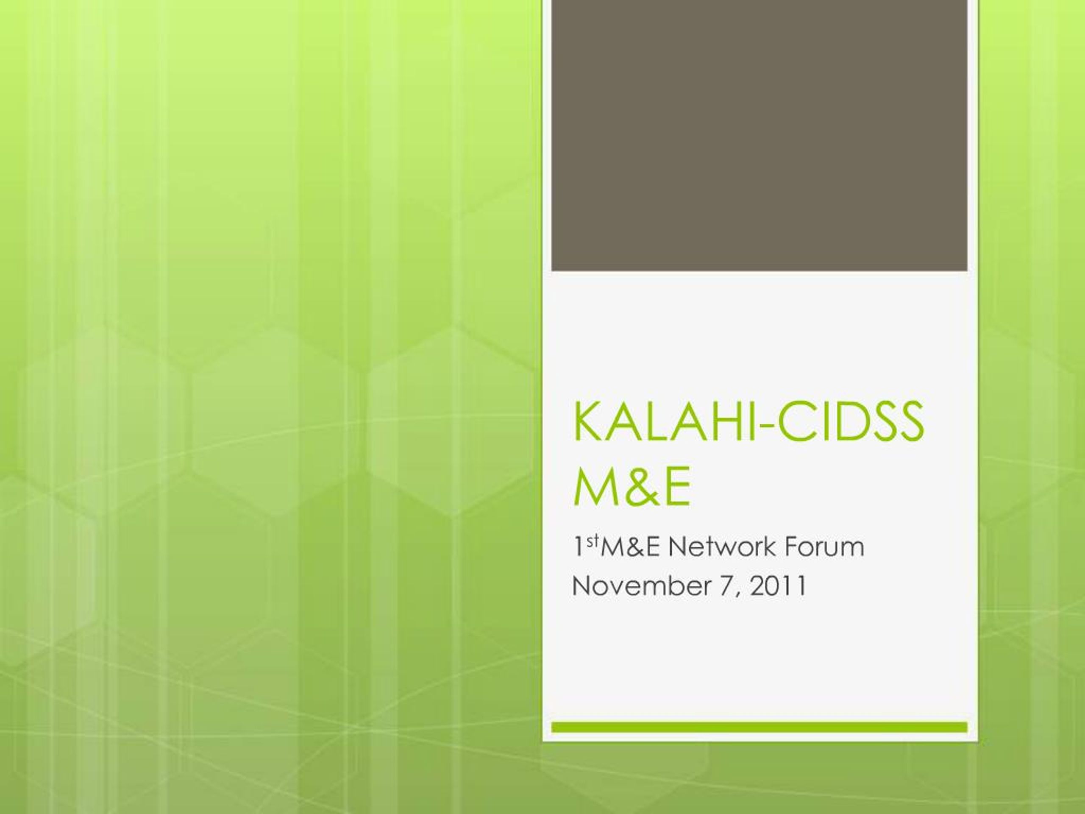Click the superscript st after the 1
pyautogui.click(x=593, y=542)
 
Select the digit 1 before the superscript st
pyautogui.click(x=579, y=547)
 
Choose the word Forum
pyautogui.click(x=823, y=547)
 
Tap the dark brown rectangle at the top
pyautogui.click(x=759, y=135)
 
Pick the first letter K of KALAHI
pyautogui.click(x=586, y=421)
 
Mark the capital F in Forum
pyautogui.click(x=791, y=547)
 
